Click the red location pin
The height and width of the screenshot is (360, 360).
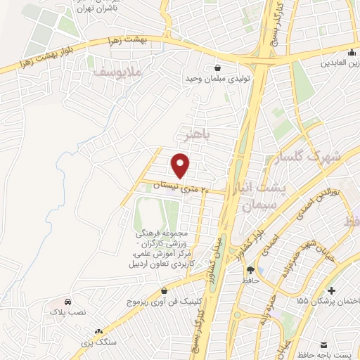pyautogui.click(x=181, y=165)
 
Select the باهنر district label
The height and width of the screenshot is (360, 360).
pyautogui.click(x=195, y=132)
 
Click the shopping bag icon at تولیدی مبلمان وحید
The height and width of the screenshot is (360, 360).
pyautogui.click(x=218, y=68)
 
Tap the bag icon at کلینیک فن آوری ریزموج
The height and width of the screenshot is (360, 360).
pyautogui.click(x=164, y=290)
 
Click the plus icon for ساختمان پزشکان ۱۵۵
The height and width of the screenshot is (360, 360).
pyautogui.click(x=332, y=290)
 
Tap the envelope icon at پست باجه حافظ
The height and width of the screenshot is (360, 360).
pyautogui.click(x=324, y=345)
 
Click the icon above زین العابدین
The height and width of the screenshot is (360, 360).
pyautogui.click(x=351, y=53)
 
